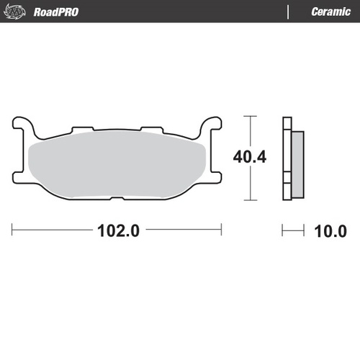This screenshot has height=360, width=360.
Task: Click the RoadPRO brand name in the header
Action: point(56,12)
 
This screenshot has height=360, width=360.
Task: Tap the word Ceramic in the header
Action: point(330,12)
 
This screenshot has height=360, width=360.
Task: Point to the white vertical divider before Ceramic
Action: point(289,12)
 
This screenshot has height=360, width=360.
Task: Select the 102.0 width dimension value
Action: point(117,231)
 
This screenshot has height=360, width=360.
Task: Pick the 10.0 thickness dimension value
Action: point(330,231)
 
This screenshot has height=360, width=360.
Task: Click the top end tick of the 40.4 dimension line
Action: point(249,116)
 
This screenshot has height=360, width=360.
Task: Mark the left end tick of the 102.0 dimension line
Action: point(13,231)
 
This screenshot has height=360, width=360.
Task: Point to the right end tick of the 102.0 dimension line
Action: point(221,231)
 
